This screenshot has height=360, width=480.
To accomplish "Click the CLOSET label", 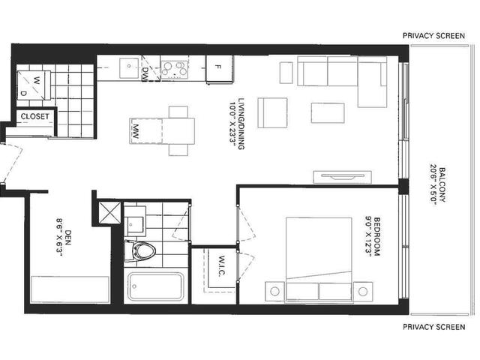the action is [x=35, y=116].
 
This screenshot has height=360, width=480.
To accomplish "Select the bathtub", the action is [x=155, y=286].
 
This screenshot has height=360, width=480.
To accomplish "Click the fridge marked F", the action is [x=219, y=68].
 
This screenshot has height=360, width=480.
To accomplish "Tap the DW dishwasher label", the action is [x=145, y=73].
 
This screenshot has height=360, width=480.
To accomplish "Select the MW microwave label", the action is [x=136, y=131].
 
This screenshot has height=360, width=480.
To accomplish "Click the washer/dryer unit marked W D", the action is [x=34, y=85].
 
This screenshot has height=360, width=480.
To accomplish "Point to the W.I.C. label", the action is [x=222, y=266].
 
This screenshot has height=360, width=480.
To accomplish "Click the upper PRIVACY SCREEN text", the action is [x=433, y=36].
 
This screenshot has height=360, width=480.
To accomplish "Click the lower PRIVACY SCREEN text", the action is [x=433, y=327].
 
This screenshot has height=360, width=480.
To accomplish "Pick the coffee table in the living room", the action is [x=328, y=113].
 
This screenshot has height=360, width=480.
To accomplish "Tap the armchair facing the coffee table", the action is [x=272, y=112].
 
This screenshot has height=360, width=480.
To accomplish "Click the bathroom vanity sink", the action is [x=135, y=221].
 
